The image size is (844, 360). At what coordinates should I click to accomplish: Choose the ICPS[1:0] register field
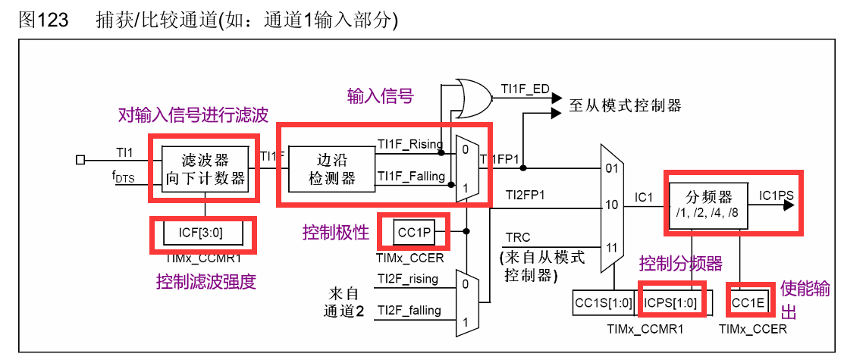click(672, 302)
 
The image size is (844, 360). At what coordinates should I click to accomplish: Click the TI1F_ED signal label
click(525, 89)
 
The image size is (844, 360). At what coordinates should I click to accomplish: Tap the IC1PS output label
click(776, 196)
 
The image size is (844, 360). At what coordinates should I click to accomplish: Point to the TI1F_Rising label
click(410, 144)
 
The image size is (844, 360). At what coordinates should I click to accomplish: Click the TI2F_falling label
click(407, 310)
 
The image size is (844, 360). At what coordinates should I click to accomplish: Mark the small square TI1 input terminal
click(81, 159)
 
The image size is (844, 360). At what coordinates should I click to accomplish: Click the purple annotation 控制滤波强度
click(206, 282)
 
